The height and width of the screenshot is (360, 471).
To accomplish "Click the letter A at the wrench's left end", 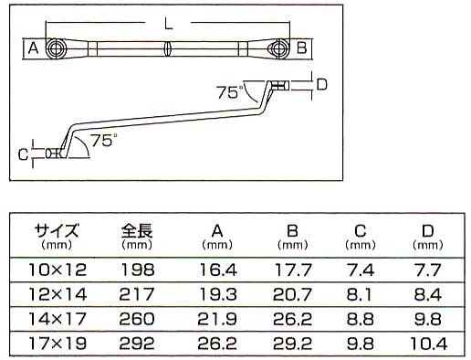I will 33,48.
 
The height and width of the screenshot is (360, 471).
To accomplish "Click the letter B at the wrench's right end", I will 301,48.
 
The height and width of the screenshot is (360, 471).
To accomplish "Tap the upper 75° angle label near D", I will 229,91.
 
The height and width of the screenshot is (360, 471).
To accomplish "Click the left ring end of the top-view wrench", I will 57,48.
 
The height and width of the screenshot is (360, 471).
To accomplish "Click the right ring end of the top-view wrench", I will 277,48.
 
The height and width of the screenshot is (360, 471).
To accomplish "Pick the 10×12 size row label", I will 57,270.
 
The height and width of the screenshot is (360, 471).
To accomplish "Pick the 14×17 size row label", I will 57,319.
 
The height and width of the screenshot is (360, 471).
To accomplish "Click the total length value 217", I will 137,294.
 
